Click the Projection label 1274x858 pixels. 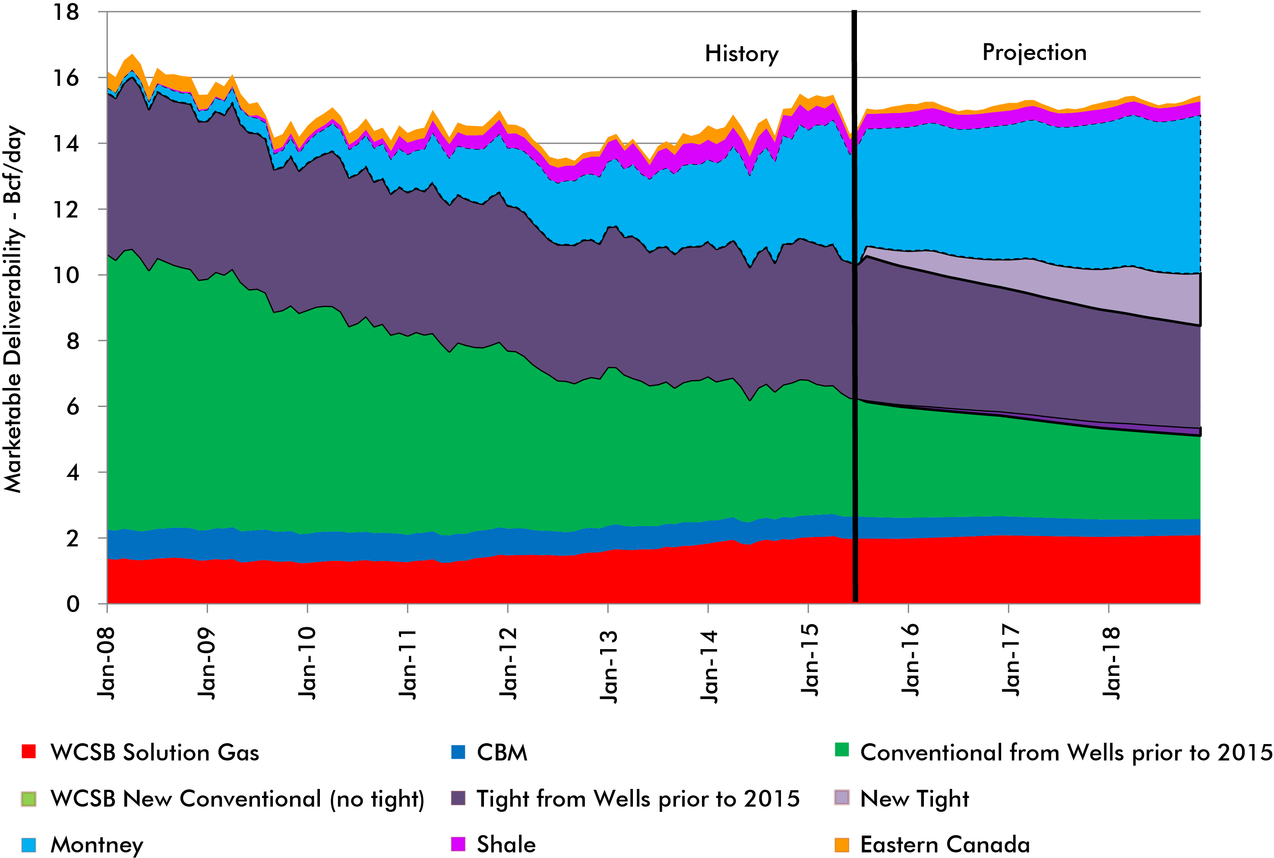(1034, 53)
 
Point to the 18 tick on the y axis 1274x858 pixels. (66, 12)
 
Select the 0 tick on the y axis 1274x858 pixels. (73, 604)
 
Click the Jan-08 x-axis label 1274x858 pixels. (107, 663)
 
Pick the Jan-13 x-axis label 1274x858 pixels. (608, 666)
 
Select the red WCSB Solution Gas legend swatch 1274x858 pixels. (28, 751)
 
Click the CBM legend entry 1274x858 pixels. (501, 752)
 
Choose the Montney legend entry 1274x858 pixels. (96, 844)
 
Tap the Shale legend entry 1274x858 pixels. (506, 844)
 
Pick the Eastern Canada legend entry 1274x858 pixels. (945, 844)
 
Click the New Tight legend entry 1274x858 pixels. (914, 798)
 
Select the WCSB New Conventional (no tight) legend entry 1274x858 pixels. (237, 798)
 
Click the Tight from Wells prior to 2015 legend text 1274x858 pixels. (638, 798)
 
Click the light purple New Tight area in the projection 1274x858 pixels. (1149, 296)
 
